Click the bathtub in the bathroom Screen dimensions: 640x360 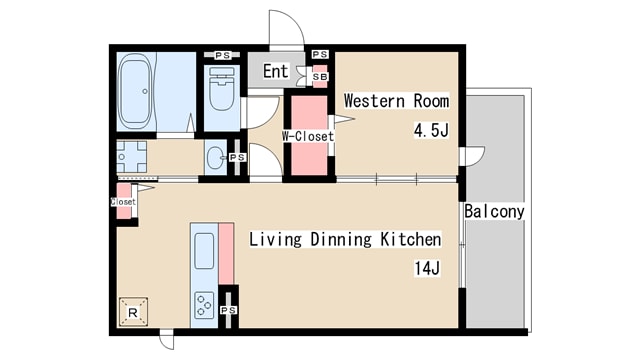(135, 92)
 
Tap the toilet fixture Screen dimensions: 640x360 (222, 90)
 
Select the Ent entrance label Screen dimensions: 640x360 (276, 71)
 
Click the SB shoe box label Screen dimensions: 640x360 (320, 77)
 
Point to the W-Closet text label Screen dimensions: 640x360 (308, 136)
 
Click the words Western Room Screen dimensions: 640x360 (396, 101)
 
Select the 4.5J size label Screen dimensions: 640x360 (431, 131)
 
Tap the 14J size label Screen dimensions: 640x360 (427, 269)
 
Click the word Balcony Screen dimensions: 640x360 (494, 211)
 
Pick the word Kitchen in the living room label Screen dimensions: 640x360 (411, 239)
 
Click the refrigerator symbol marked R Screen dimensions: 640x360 (133, 312)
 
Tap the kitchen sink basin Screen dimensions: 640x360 (204, 251)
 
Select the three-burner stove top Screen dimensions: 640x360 (204, 305)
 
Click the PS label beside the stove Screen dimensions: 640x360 (229, 311)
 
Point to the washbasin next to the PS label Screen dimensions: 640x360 (215, 157)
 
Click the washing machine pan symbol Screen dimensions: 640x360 (131, 157)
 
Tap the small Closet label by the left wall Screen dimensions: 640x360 (123, 202)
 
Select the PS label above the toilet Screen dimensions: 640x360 (222, 55)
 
